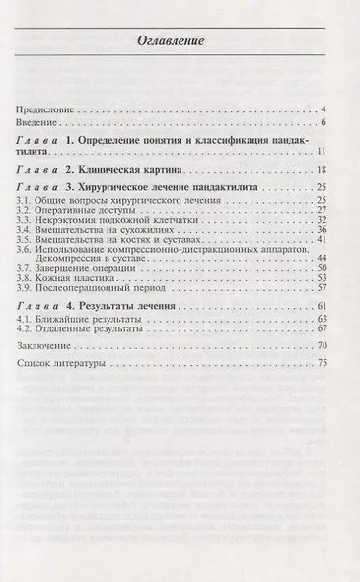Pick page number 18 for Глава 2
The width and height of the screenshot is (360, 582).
point(322,171)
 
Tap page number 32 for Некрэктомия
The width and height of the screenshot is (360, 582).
point(322,221)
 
